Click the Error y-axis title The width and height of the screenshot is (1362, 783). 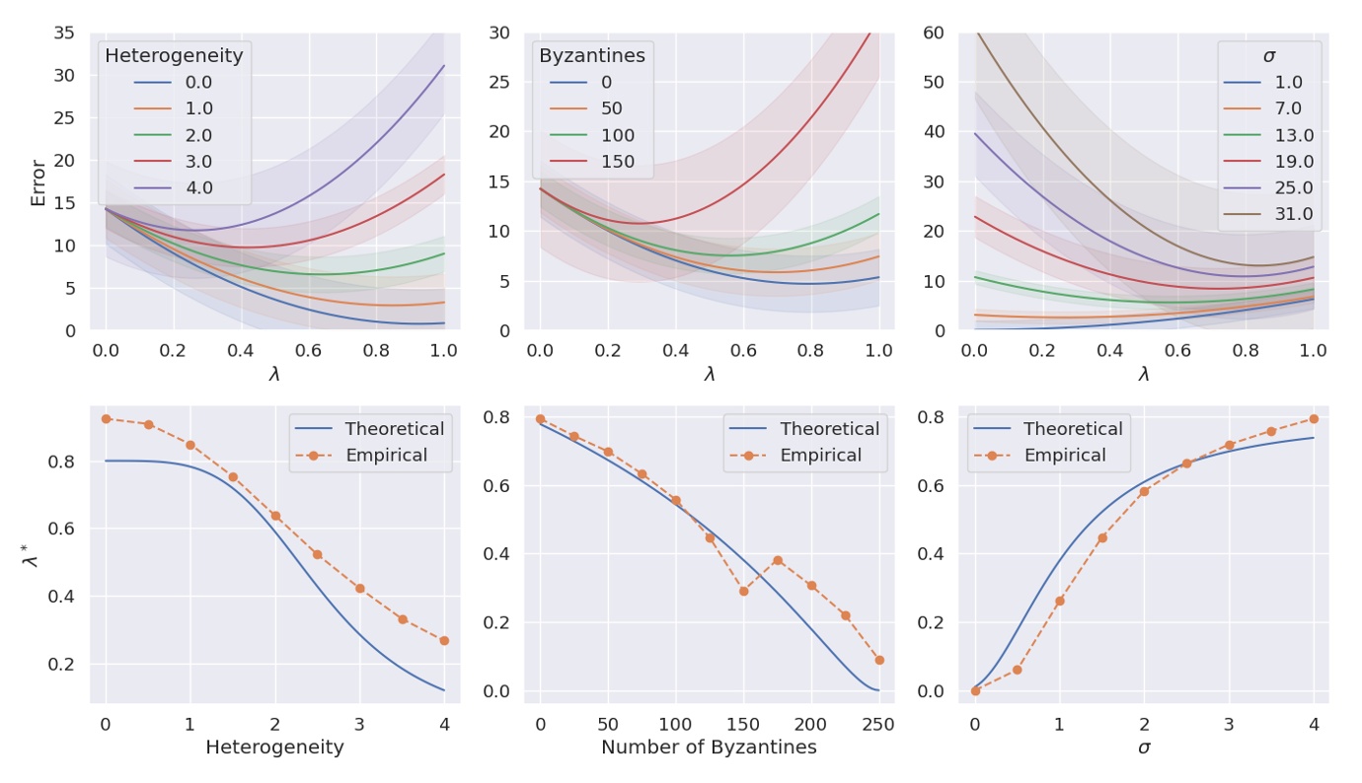(x=38, y=182)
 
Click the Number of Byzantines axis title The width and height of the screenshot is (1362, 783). (x=709, y=747)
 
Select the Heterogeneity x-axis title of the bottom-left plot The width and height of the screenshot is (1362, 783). (x=274, y=747)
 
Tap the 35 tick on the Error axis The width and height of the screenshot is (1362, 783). (x=63, y=33)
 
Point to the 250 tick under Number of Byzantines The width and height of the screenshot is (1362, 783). (x=878, y=724)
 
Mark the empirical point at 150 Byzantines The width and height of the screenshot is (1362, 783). (x=743, y=591)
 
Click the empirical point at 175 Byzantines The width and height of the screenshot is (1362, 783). (x=778, y=560)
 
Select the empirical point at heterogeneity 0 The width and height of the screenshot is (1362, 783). (x=106, y=418)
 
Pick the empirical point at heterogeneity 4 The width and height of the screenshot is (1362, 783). (x=444, y=640)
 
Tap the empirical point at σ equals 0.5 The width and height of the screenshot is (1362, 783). (x=1018, y=670)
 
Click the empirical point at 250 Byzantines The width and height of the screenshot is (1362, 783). (x=879, y=660)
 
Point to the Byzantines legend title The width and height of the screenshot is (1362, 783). (x=592, y=56)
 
